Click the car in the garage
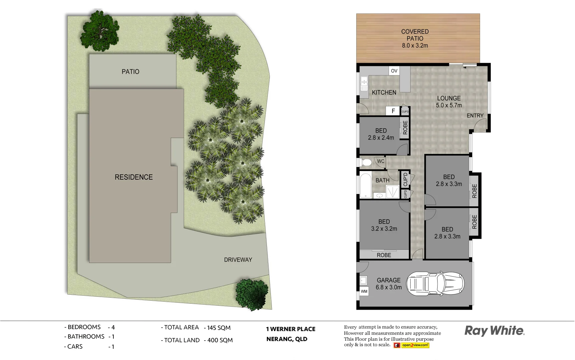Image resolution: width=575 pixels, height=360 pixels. (x=435, y=284)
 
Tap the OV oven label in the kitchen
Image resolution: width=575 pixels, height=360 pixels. (x=394, y=71)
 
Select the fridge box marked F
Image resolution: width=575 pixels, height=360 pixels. (x=393, y=111)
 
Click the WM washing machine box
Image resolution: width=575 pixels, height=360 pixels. (x=364, y=291)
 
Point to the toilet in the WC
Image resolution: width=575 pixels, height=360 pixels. (x=366, y=162)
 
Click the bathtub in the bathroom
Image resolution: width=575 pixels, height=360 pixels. (x=366, y=185)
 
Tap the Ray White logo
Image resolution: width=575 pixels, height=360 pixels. (x=494, y=331)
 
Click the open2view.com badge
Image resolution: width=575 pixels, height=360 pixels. (x=415, y=345)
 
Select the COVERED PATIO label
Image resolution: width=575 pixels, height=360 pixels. (x=415, y=35)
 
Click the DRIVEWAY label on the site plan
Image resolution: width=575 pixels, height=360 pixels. (x=238, y=260)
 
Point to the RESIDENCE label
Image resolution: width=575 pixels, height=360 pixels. (x=134, y=177)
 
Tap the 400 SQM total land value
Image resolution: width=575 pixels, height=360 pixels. (x=220, y=340)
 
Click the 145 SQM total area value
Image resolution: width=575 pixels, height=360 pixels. (x=218, y=328)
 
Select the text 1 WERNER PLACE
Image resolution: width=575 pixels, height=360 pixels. (x=291, y=329)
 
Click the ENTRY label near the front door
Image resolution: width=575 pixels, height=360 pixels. (x=475, y=116)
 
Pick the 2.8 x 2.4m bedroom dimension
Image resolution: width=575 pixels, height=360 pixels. (x=381, y=138)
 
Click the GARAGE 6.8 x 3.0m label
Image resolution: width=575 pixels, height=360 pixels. (x=389, y=284)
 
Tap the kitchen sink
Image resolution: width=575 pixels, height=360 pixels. (x=364, y=81)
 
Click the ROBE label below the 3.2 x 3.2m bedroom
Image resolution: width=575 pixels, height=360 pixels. (x=384, y=255)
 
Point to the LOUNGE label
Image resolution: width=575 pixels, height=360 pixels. (x=449, y=98)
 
